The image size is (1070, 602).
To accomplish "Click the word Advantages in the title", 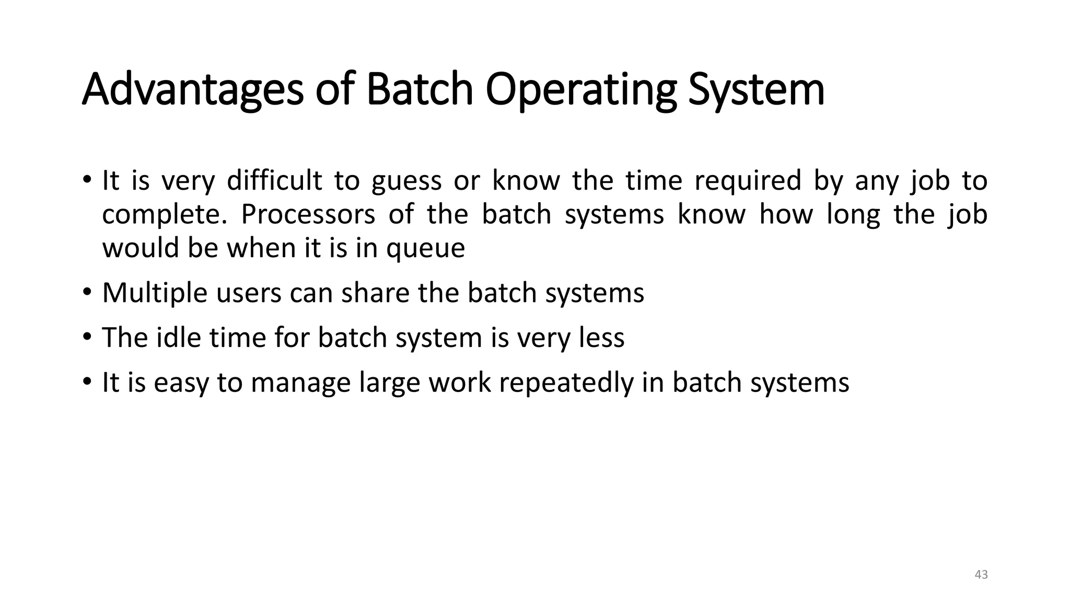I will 192,90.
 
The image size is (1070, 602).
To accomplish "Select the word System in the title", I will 756,90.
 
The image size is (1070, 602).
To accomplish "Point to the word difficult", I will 274,181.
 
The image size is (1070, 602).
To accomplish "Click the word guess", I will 406,181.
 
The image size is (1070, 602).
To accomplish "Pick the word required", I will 748,181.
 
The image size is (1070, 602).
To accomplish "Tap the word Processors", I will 308,214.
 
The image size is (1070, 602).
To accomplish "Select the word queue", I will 425,248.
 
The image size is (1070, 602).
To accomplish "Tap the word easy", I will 181,383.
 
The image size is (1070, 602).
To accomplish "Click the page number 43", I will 981,575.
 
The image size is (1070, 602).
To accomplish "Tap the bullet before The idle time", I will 87,337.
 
